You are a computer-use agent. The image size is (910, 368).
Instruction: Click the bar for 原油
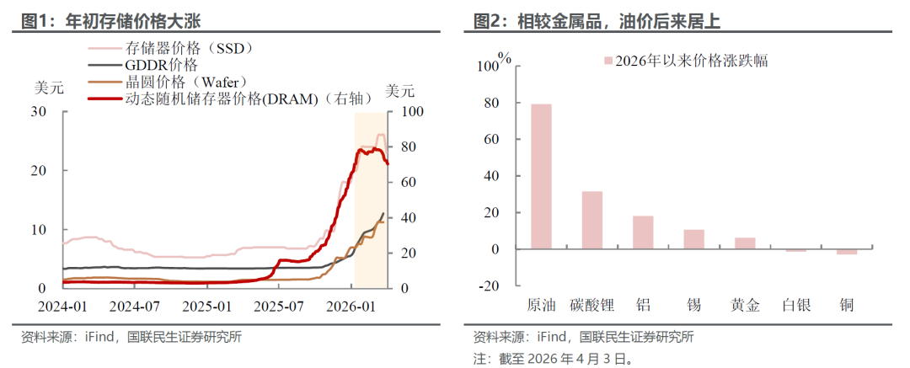[x=541, y=177]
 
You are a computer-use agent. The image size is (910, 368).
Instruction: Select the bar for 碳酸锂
[x=592, y=221]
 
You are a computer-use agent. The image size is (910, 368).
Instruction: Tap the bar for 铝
[x=643, y=232]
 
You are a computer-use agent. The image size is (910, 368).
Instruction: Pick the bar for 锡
[x=693, y=239]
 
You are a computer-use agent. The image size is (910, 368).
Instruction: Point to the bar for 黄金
[x=745, y=243]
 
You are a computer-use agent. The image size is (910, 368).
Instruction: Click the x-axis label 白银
[x=795, y=305]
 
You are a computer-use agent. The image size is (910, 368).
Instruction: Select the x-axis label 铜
[x=846, y=305]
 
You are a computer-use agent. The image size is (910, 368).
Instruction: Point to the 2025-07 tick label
[x=280, y=305]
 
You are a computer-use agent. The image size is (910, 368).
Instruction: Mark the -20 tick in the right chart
[x=489, y=285]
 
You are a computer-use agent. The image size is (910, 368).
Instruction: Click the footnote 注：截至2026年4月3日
[x=552, y=358]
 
